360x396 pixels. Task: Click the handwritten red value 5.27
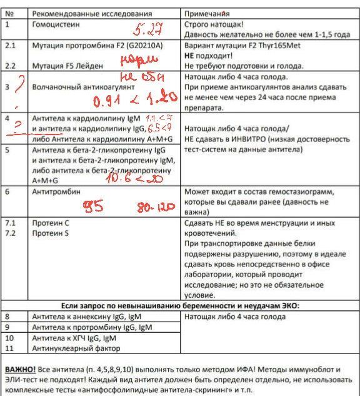click(x=147, y=29)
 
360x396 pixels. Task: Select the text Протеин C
click(x=50, y=223)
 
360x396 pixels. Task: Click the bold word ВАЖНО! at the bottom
click(x=20, y=369)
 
